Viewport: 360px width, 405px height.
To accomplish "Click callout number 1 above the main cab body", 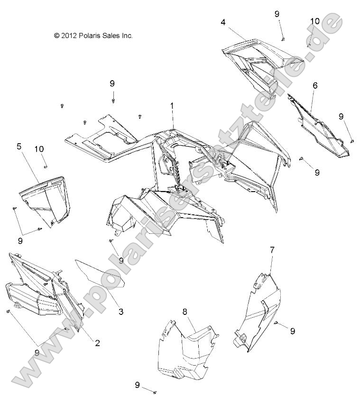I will tap(172, 107).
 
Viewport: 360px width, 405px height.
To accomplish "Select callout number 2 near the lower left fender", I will tap(97, 343).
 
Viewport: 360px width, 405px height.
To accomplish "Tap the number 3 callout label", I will tap(121, 312).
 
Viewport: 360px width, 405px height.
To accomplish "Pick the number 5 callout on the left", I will tap(19, 147).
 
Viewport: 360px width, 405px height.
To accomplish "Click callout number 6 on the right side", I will tap(315, 86).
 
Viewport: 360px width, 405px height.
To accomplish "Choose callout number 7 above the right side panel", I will tap(272, 249).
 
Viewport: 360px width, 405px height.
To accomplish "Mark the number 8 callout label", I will tap(185, 311).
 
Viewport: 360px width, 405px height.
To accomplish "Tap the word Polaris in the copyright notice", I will tap(94, 35).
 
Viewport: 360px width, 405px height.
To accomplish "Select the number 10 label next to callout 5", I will tap(40, 149).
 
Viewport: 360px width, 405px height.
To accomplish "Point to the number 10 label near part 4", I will tap(315, 21).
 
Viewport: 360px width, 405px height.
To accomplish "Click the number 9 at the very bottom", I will tap(138, 385).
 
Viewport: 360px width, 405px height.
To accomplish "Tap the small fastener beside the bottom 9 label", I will tap(155, 392).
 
